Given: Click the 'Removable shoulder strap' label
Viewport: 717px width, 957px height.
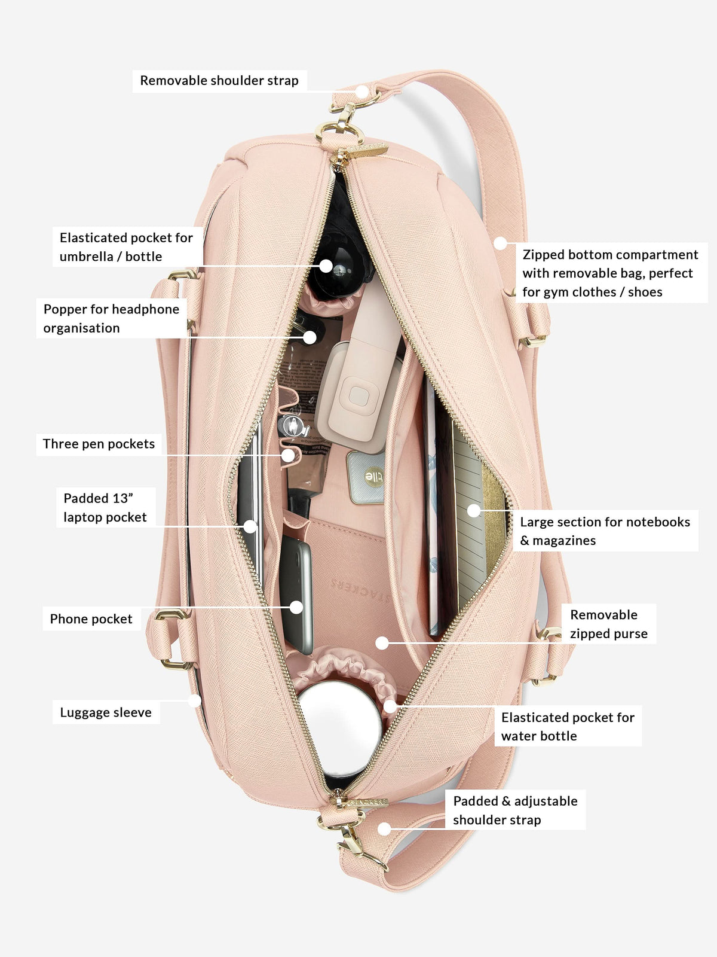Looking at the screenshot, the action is (x=219, y=81).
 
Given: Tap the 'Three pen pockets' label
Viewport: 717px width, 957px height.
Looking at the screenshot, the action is (x=99, y=444).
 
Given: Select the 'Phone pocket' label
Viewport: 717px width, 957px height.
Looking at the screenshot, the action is (x=91, y=618).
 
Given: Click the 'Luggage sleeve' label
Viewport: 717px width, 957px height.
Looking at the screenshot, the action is (x=106, y=712).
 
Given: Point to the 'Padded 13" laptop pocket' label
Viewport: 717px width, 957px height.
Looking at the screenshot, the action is (x=105, y=507).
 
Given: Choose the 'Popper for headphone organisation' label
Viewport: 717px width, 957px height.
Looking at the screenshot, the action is (x=112, y=318).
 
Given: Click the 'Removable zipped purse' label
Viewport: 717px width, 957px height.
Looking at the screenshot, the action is (x=609, y=624).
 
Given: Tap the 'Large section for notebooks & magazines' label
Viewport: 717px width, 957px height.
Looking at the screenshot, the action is (x=605, y=531).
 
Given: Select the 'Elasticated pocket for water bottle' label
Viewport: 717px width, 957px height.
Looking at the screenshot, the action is (x=568, y=726).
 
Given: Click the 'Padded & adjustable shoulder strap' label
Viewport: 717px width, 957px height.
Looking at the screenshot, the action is (x=516, y=810).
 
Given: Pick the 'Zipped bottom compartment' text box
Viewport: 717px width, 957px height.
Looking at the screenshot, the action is (x=610, y=273).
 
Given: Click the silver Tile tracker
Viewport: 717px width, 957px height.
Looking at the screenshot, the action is (x=366, y=477).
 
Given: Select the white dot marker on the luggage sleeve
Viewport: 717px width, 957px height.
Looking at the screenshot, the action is (x=195, y=700).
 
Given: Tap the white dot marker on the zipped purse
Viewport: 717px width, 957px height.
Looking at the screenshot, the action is (x=382, y=642).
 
